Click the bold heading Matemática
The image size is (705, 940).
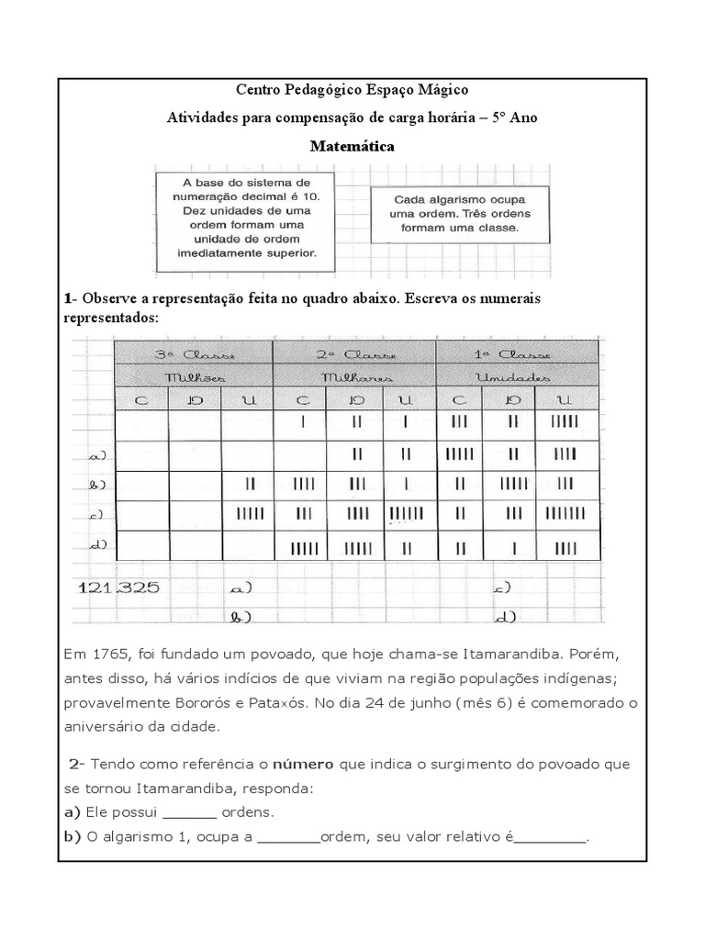coord(352,145)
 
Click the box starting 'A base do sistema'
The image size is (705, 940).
coord(248,220)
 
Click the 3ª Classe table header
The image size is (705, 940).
coord(193,355)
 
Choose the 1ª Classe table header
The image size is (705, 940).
coord(517,355)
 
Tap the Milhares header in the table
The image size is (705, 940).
coord(354,377)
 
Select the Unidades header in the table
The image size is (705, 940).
coord(517,377)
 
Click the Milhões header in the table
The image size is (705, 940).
coord(193,377)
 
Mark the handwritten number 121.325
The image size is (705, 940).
coord(119,588)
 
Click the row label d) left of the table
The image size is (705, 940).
coord(95,545)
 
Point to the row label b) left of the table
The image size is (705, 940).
coord(95,485)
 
